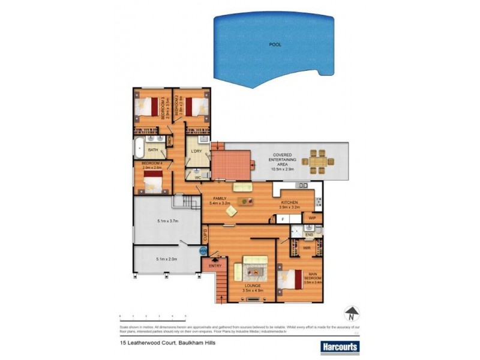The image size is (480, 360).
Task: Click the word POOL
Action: click(x=275, y=44)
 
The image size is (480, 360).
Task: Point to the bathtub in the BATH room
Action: click(x=139, y=147)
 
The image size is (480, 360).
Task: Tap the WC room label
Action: click(x=196, y=177)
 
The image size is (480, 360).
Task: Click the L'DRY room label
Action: click(x=196, y=150)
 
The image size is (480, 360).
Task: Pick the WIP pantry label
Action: click(x=311, y=218)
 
